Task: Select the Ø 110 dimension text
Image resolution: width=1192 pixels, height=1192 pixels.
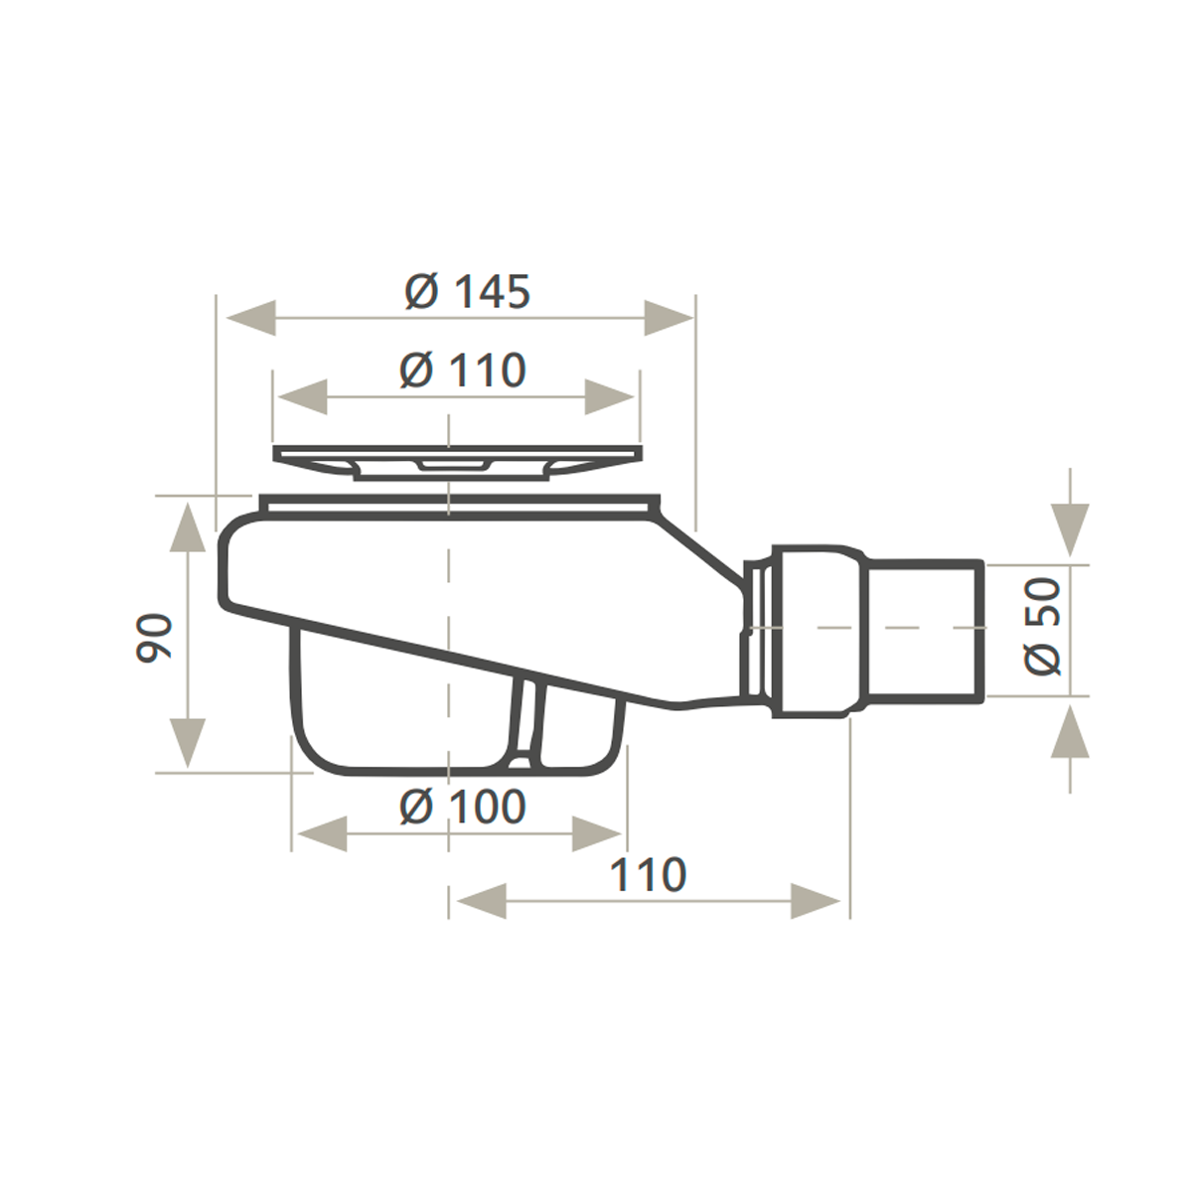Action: tap(462, 371)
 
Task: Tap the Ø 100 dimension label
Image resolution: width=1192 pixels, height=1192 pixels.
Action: tap(462, 807)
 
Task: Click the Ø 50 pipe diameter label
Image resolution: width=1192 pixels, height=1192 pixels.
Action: tap(1043, 628)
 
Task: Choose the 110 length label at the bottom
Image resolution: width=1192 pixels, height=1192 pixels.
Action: tap(648, 875)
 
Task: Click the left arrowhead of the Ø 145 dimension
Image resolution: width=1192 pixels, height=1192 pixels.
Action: tap(250, 319)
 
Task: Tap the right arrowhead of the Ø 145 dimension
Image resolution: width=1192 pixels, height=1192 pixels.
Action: tap(668, 319)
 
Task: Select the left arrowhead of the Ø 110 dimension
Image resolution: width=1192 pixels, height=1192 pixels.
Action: tap(302, 397)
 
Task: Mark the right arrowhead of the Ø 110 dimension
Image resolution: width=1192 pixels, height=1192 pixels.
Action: tap(610, 397)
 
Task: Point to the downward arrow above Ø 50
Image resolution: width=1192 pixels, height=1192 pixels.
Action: tap(1071, 528)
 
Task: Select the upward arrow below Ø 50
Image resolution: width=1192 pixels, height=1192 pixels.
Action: tap(1071, 732)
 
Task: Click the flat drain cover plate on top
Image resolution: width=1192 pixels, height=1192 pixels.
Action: tap(457, 459)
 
